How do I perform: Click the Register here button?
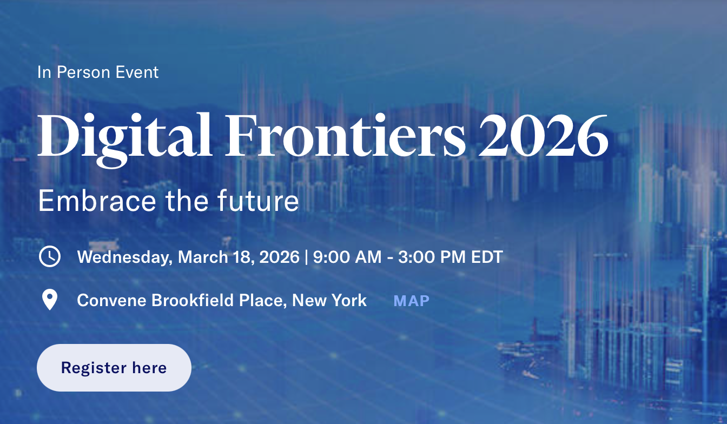click(x=114, y=368)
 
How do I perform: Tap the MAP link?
click(x=411, y=301)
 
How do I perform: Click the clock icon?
click(x=50, y=256)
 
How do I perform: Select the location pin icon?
click(x=50, y=300)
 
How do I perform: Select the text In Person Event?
click(x=98, y=72)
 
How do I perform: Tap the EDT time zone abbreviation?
click(x=487, y=257)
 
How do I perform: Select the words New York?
click(x=329, y=300)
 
